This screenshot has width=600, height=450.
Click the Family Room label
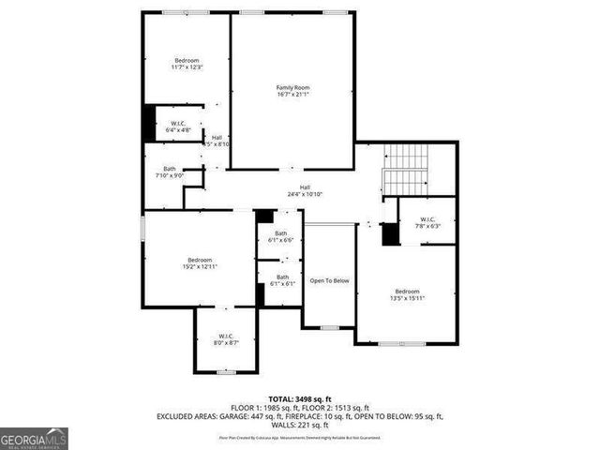292,87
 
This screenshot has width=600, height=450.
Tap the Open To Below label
330,280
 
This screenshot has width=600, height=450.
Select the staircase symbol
407,170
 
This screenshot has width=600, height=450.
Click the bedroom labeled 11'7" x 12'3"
187,64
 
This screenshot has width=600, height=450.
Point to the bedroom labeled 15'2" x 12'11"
199,263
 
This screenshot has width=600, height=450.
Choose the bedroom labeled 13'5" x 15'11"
408,294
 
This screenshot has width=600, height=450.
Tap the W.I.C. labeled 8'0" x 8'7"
226,339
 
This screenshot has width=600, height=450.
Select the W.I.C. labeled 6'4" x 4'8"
177,127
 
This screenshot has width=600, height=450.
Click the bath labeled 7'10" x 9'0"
169,172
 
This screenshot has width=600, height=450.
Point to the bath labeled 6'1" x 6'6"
281,236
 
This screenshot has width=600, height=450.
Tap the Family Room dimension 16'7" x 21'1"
292,95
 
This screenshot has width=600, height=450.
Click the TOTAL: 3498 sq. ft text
300,398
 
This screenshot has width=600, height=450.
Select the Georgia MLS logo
34,438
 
